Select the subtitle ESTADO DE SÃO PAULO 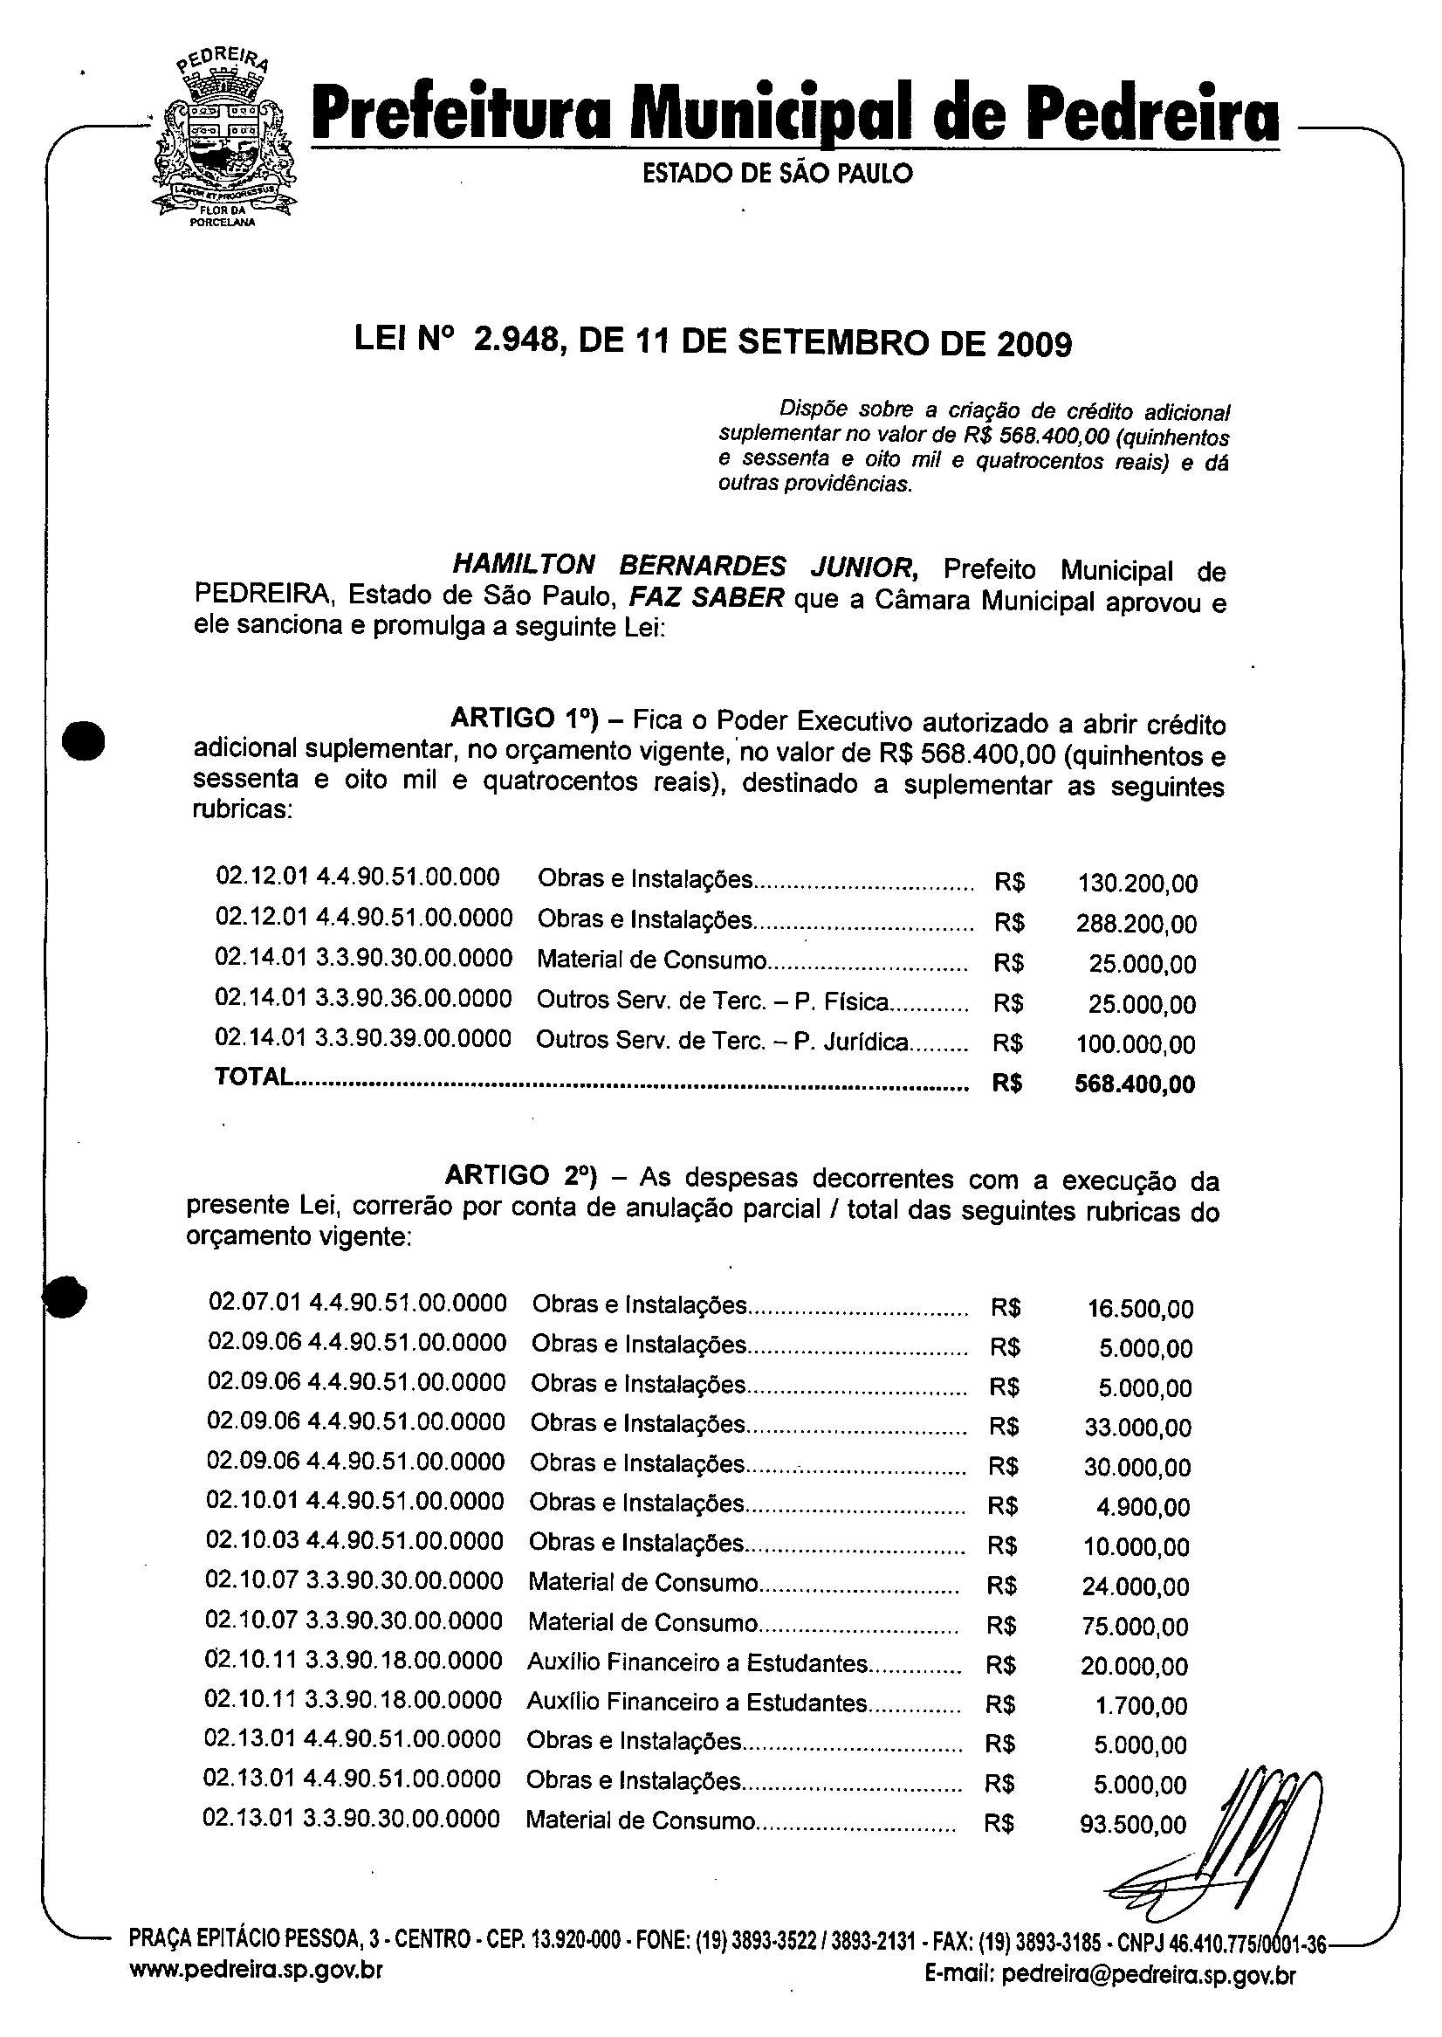click(x=777, y=173)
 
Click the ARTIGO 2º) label click(x=520, y=1176)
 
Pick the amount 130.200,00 click(x=1137, y=884)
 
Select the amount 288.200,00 click(x=1136, y=925)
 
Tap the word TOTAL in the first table click(x=253, y=1077)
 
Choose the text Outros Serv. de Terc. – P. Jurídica click(x=722, y=1042)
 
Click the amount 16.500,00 click(x=1140, y=1309)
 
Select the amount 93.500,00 click(x=1133, y=1825)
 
